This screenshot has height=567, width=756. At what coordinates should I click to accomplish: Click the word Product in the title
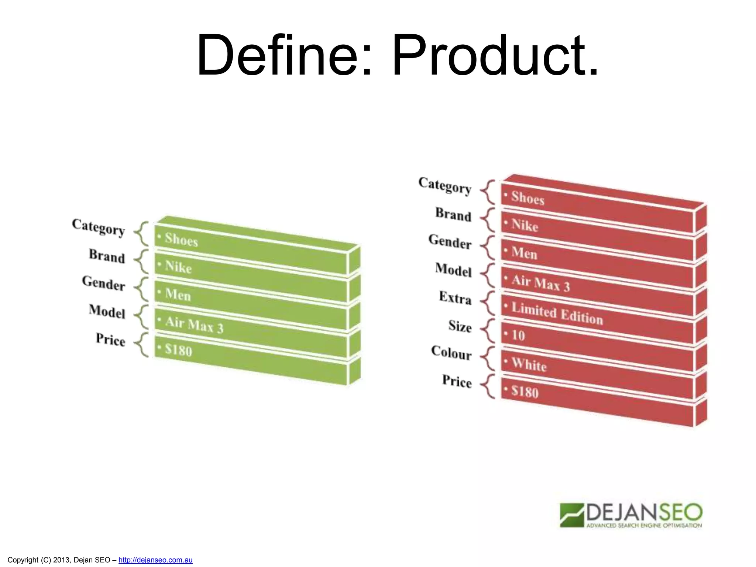tap(495, 55)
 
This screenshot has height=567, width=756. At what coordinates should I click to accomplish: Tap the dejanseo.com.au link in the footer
tap(155, 560)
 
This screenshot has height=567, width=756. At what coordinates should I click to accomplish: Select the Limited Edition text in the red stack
tap(557, 313)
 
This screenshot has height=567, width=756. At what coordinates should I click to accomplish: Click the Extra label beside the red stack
tap(455, 298)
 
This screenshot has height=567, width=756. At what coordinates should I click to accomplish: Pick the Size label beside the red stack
tap(460, 326)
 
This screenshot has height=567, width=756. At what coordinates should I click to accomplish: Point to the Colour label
tap(451, 353)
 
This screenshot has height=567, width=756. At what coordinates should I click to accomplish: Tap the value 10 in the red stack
tap(518, 335)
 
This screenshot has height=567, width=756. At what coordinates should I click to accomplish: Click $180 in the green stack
tap(179, 350)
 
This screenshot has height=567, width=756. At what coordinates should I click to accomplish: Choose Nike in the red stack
tap(525, 225)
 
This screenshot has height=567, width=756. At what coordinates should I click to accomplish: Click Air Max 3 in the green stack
tap(194, 325)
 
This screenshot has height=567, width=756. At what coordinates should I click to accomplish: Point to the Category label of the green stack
tap(98, 227)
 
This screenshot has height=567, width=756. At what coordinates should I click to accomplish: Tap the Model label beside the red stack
tap(453, 270)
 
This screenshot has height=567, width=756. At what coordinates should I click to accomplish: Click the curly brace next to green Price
tap(141, 345)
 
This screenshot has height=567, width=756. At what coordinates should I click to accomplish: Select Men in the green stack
tap(178, 295)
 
